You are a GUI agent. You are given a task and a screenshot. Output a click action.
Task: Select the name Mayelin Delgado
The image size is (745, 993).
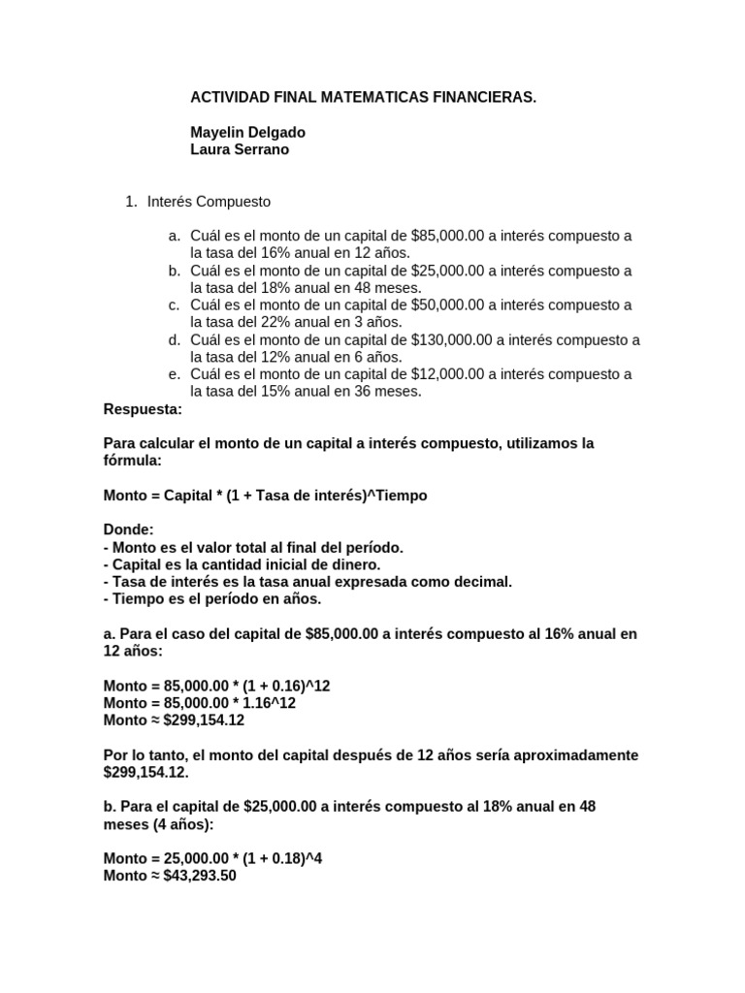point(240,133)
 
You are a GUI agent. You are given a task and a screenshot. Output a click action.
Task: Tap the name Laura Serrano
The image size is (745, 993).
point(239,149)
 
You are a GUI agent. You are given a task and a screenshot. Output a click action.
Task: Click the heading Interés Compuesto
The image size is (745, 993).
point(209,202)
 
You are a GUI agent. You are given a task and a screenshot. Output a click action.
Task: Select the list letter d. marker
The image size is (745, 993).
point(174,339)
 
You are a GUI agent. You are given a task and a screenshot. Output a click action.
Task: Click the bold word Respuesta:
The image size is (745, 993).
point(143,409)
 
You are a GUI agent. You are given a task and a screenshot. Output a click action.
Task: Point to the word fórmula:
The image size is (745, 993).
point(132,461)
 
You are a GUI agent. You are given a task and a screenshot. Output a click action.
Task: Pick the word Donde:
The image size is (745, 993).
point(127,530)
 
